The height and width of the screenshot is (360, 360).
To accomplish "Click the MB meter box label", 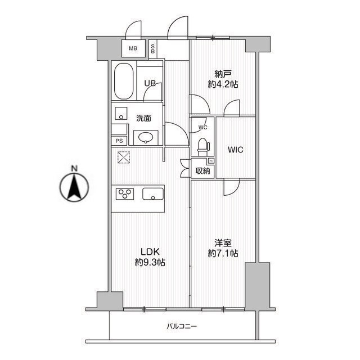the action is tap(133, 48).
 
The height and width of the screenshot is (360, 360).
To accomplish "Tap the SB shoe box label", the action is tap(152, 49).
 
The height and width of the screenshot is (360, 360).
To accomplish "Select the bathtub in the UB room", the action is tap(124, 81).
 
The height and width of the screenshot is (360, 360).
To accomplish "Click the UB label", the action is tap(150, 83).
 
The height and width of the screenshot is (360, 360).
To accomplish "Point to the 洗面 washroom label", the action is tap(143, 118).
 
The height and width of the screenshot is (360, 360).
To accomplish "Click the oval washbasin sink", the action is tap(146, 137).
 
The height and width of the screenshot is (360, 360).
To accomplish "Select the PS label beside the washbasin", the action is tap(119, 141).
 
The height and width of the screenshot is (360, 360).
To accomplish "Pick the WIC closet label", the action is tap(235, 150).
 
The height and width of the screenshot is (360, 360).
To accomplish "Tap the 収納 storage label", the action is tap(202, 171).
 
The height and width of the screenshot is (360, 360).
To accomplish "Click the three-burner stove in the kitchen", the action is tap(125, 193).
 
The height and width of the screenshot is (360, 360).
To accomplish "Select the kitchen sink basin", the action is tap(153, 193).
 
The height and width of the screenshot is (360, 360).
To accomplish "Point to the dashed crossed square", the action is tap(124, 157).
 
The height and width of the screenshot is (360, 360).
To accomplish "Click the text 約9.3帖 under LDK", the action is tap(150, 262).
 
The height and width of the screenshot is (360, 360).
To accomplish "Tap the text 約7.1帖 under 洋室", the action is tap(223, 253).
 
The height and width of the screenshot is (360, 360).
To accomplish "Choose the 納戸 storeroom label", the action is tap(223, 74).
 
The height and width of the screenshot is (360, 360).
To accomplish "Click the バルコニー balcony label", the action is tap(182, 326).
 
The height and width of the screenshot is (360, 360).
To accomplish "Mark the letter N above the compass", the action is tap(74, 169).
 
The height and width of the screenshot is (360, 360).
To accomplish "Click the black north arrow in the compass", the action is tap(74, 187).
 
